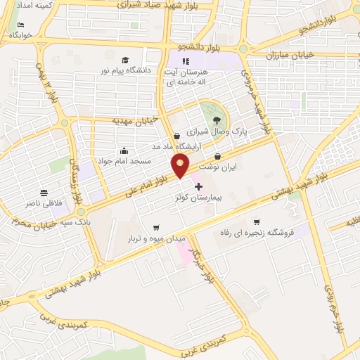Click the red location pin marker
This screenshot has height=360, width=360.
click(181, 165)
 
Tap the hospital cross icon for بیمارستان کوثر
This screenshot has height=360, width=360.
click(198, 187)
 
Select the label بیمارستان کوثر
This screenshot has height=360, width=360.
click(198, 199)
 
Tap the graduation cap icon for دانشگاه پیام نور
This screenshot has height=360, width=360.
click(125, 60)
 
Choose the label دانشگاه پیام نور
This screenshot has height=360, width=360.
click(125, 71)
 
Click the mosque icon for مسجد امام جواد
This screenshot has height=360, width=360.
click(124, 150)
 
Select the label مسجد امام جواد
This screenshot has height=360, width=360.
click(124, 161)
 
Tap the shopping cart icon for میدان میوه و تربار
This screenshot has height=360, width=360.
click(156, 226)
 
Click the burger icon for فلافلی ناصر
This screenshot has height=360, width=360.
click(44, 192)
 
